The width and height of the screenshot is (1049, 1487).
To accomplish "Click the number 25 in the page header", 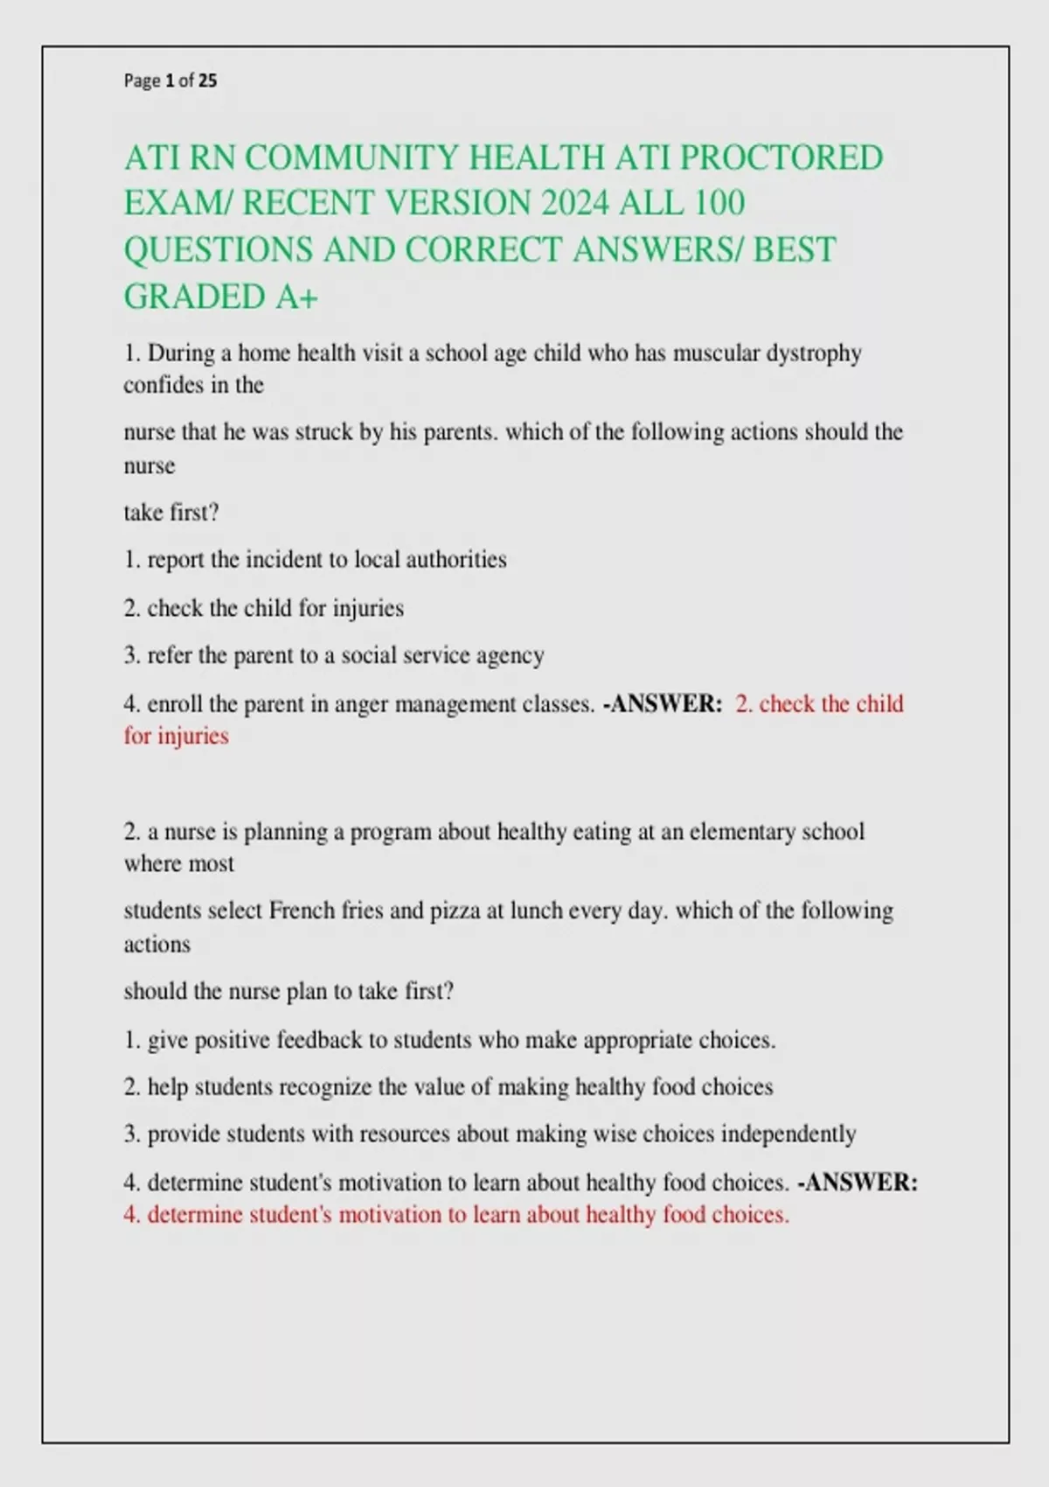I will click(x=207, y=81).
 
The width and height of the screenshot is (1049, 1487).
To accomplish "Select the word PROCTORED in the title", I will click(x=782, y=157).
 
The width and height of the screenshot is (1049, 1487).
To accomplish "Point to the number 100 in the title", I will click(x=720, y=203).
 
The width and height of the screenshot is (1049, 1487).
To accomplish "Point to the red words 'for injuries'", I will click(x=176, y=737).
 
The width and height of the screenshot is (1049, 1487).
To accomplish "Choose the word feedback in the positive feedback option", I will click(x=319, y=1040).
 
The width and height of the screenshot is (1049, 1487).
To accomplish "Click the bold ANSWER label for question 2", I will click(x=861, y=1183).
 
